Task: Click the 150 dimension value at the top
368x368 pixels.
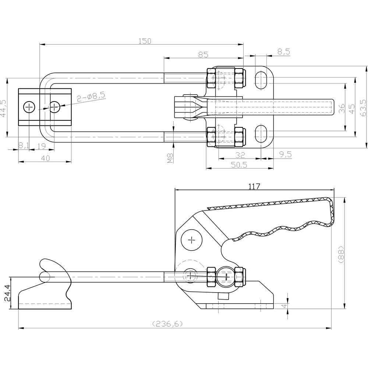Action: pos(145,41)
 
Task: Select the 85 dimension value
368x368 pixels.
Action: pos(203,54)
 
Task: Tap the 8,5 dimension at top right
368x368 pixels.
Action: pos(284,52)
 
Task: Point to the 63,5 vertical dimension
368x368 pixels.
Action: pos(363,108)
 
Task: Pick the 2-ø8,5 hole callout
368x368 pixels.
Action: pos(91,97)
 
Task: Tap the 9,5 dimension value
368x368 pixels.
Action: pos(285,155)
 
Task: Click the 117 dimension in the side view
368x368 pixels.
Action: pos(254,186)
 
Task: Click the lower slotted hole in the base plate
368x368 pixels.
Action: pos(261,134)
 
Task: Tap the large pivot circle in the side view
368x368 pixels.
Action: pos(192,241)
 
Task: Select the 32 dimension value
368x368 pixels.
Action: pos(240,155)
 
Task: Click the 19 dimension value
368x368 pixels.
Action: pos(42,146)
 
